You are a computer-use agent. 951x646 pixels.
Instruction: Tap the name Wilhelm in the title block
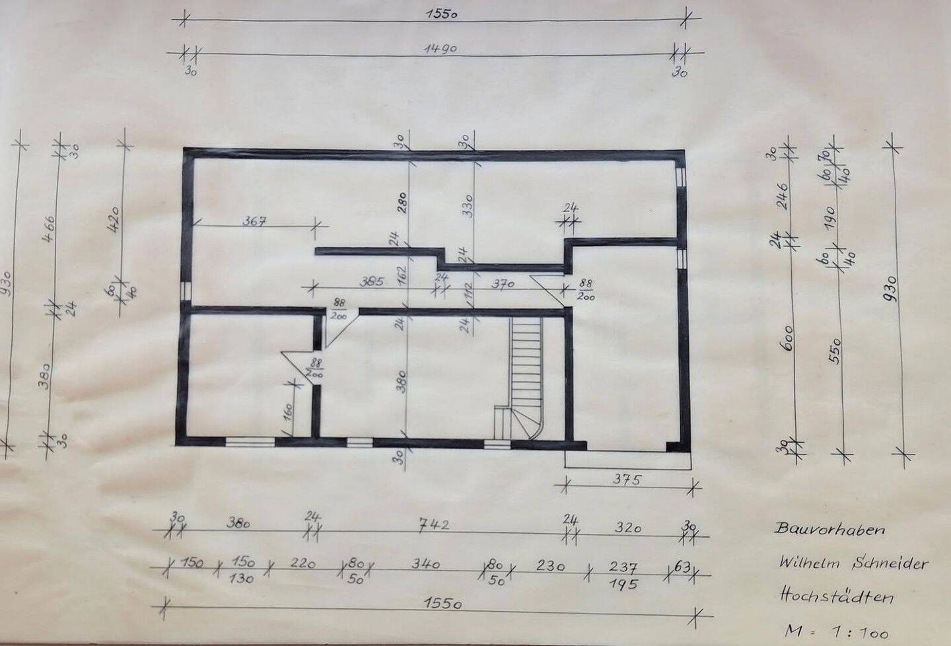(806, 563)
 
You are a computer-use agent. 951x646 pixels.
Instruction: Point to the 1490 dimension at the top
(441, 49)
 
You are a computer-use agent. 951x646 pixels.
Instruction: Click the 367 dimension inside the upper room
(254, 221)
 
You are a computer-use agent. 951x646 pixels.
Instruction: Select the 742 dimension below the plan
(434, 525)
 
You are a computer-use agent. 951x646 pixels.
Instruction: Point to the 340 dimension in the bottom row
(426, 565)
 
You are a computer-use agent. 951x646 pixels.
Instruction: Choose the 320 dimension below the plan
(627, 527)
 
